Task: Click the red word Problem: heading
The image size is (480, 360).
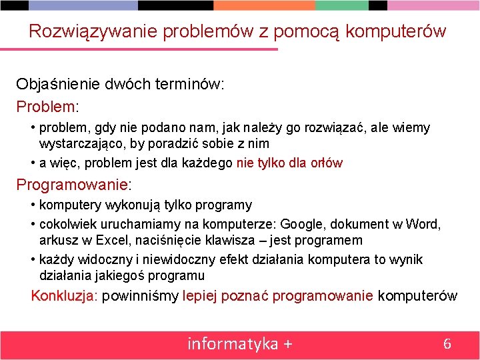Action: point(47,107)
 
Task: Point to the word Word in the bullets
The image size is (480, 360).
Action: point(425,224)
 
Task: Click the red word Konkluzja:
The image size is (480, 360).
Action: point(65,296)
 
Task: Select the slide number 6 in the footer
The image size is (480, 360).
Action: point(447,344)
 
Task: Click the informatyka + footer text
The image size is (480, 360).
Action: point(240,344)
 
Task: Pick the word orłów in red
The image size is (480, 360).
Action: point(327,163)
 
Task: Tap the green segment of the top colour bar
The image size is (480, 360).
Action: point(341,5)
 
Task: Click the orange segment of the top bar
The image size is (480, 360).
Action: point(264,5)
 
